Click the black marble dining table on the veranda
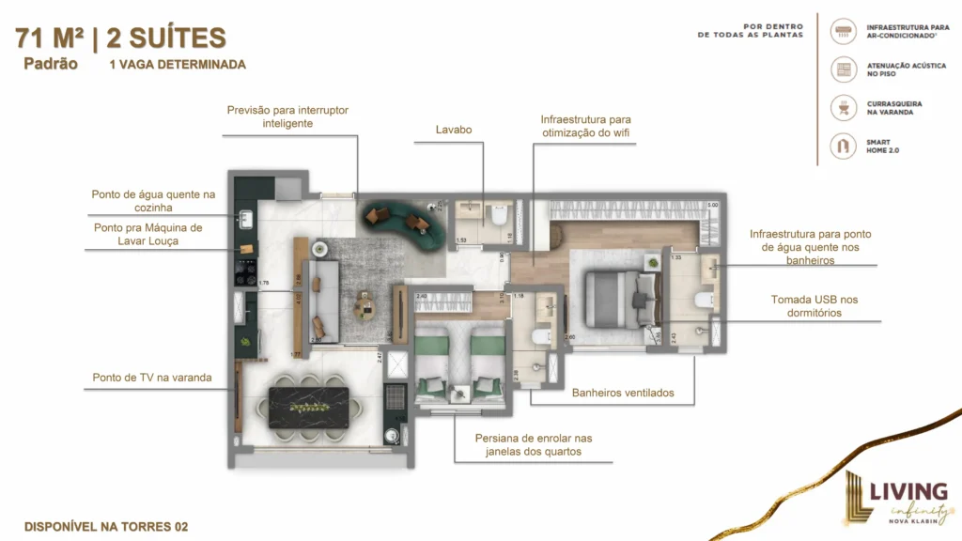308,407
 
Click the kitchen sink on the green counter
246,220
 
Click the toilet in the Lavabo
499,215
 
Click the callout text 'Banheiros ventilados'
623,393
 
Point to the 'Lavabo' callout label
453,130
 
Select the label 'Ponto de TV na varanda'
152,378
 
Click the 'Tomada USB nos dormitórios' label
814,306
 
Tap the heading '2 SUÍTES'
166,39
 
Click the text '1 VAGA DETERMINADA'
178,65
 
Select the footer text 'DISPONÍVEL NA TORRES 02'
106,527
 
